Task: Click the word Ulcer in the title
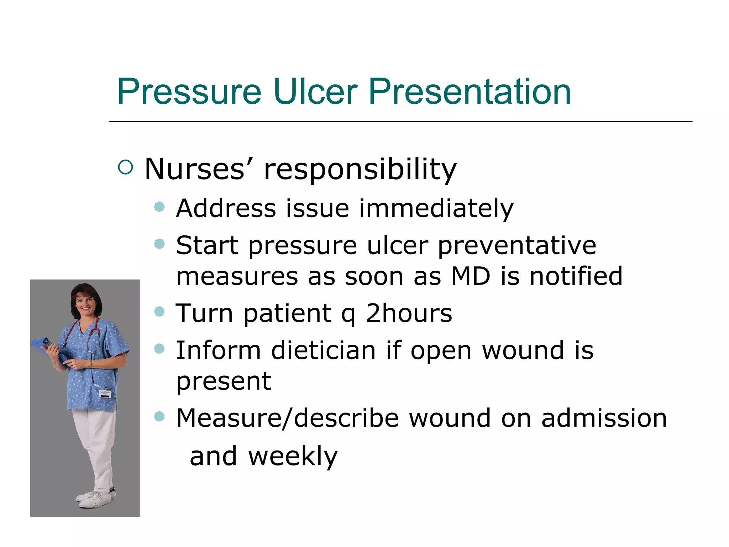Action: click(315, 92)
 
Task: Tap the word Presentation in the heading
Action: click(470, 92)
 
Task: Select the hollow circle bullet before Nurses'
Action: click(125, 167)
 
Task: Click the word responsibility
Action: click(360, 170)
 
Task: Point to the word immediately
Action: click(436, 209)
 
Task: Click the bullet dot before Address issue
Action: click(160, 207)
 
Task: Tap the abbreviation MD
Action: click(471, 276)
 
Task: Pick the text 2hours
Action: click(409, 314)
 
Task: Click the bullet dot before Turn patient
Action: click(160, 312)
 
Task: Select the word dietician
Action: click(323, 350)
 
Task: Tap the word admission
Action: click(604, 418)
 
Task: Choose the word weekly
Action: click(293, 457)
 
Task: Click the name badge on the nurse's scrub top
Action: click(105, 394)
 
